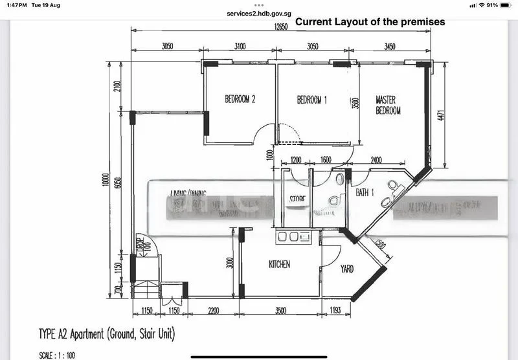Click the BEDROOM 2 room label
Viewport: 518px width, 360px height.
(x=240, y=100)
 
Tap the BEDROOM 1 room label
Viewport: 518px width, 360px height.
(x=312, y=100)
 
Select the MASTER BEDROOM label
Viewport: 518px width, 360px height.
(x=388, y=106)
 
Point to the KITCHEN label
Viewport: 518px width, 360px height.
(x=280, y=264)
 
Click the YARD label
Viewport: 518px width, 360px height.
(x=347, y=269)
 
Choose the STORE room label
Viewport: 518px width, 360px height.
(x=297, y=199)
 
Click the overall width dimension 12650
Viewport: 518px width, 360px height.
(x=280, y=27)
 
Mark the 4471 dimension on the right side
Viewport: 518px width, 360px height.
(x=441, y=114)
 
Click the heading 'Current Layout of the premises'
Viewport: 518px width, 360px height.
(x=370, y=21)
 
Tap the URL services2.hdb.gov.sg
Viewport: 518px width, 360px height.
(x=258, y=13)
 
